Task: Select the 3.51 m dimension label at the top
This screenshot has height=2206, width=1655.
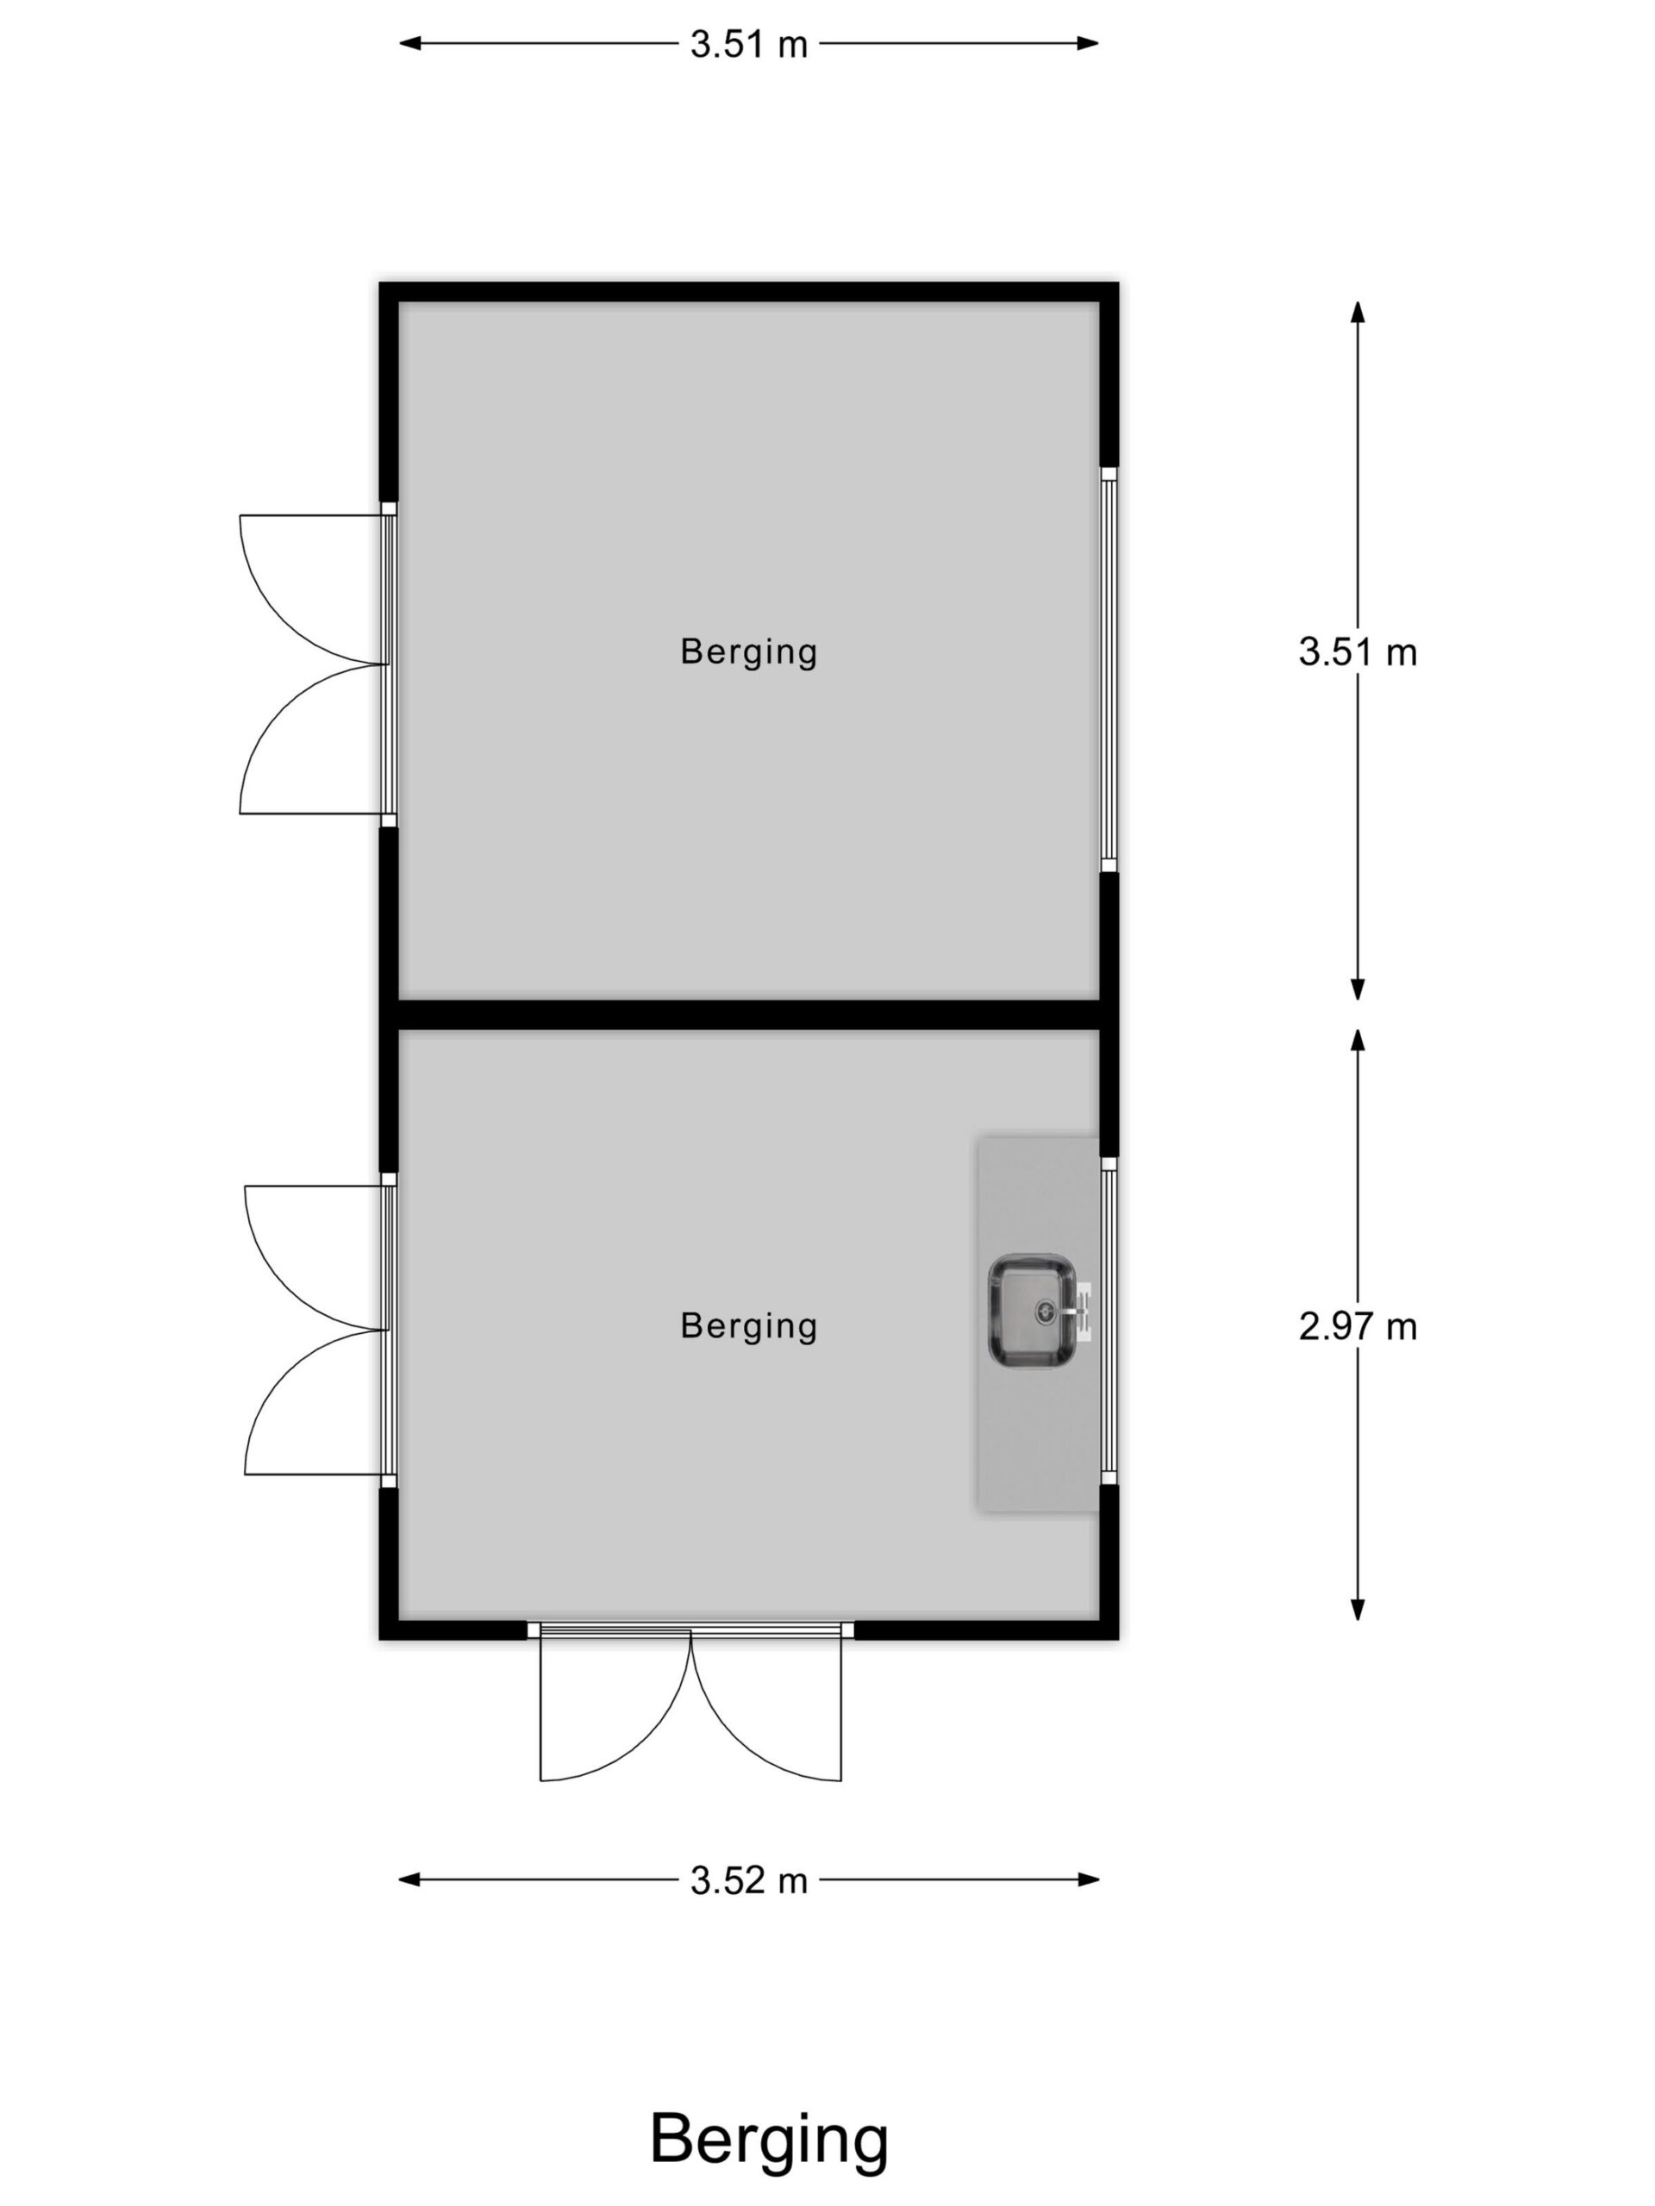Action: click(x=748, y=44)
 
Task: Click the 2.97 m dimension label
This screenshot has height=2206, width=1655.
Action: click(x=1357, y=1326)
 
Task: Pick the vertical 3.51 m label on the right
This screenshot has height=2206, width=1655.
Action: click(x=1357, y=652)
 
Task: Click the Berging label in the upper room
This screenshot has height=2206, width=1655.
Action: click(x=748, y=652)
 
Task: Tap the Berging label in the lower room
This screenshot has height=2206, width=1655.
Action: click(x=748, y=1326)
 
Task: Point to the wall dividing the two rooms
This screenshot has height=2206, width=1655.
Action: click(x=748, y=1013)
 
